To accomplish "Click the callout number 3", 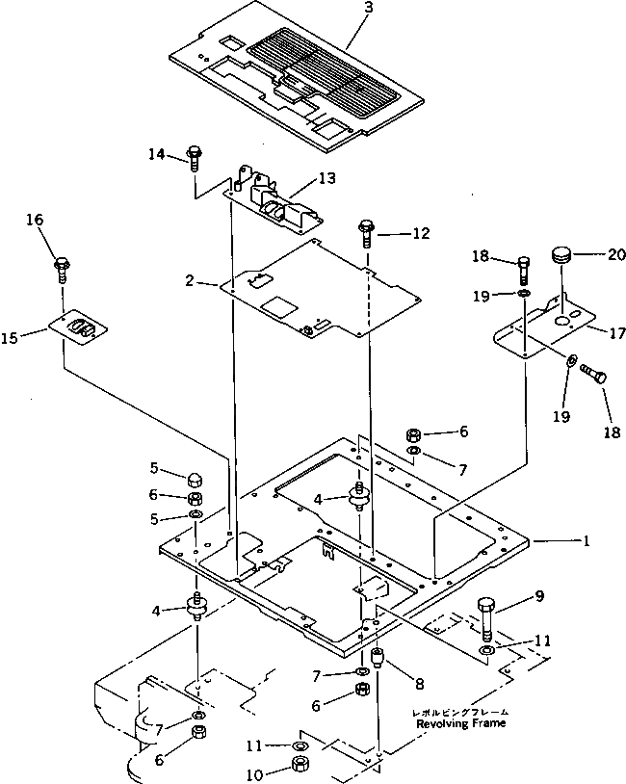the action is [x=370, y=8].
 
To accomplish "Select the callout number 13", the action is [x=327, y=178].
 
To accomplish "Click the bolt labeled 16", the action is [x=63, y=270].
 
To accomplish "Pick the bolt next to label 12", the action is [x=364, y=233].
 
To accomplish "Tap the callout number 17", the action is [x=617, y=332].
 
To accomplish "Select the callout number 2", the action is [x=189, y=280].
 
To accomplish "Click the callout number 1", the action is [x=586, y=540].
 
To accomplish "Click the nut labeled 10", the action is [x=301, y=764].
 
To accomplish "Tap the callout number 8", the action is [x=420, y=683].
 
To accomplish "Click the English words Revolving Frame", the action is [x=460, y=723].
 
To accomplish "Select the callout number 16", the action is [x=35, y=220].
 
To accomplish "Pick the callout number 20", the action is [x=617, y=254].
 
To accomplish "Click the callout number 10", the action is [x=254, y=775].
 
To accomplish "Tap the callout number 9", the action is [x=539, y=596].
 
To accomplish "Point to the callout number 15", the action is [x=9, y=338].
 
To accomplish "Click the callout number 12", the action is [x=421, y=233].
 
